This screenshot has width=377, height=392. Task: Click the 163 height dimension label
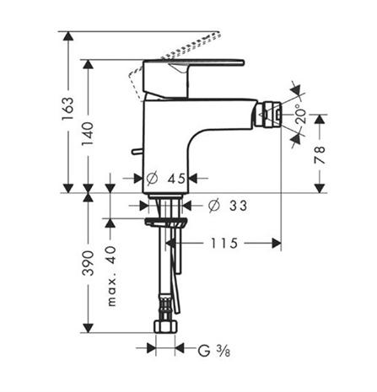[67, 109]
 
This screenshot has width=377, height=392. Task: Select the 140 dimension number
[88, 134]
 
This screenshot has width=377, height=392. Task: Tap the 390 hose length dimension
[88, 263]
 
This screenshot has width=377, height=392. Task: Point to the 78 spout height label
[320, 155]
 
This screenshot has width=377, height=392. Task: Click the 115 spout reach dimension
[224, 243]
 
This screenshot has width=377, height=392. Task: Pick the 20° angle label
[301, 114]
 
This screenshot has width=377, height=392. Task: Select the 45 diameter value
[177, 179]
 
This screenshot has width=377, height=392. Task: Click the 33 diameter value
[238, 206]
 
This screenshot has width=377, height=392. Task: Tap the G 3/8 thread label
[214, 351]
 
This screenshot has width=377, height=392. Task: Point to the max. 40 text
[111, 276]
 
